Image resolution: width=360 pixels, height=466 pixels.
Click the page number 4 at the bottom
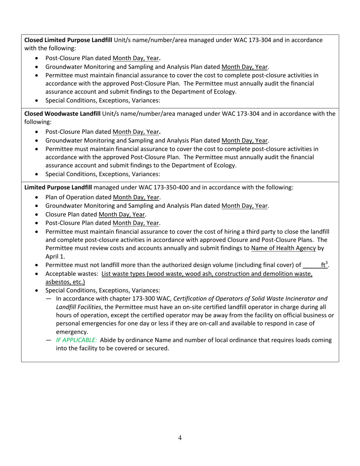(x=180, y=438)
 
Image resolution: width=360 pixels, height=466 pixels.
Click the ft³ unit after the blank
(x=324, y=265)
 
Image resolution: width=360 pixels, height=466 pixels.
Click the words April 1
(x=55, y=256)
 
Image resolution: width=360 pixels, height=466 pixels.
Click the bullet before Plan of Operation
(x=36, y=197)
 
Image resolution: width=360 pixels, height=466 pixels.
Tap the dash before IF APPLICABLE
(x=49, y=340)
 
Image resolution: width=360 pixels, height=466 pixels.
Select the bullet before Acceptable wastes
(x=36, y=274)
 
